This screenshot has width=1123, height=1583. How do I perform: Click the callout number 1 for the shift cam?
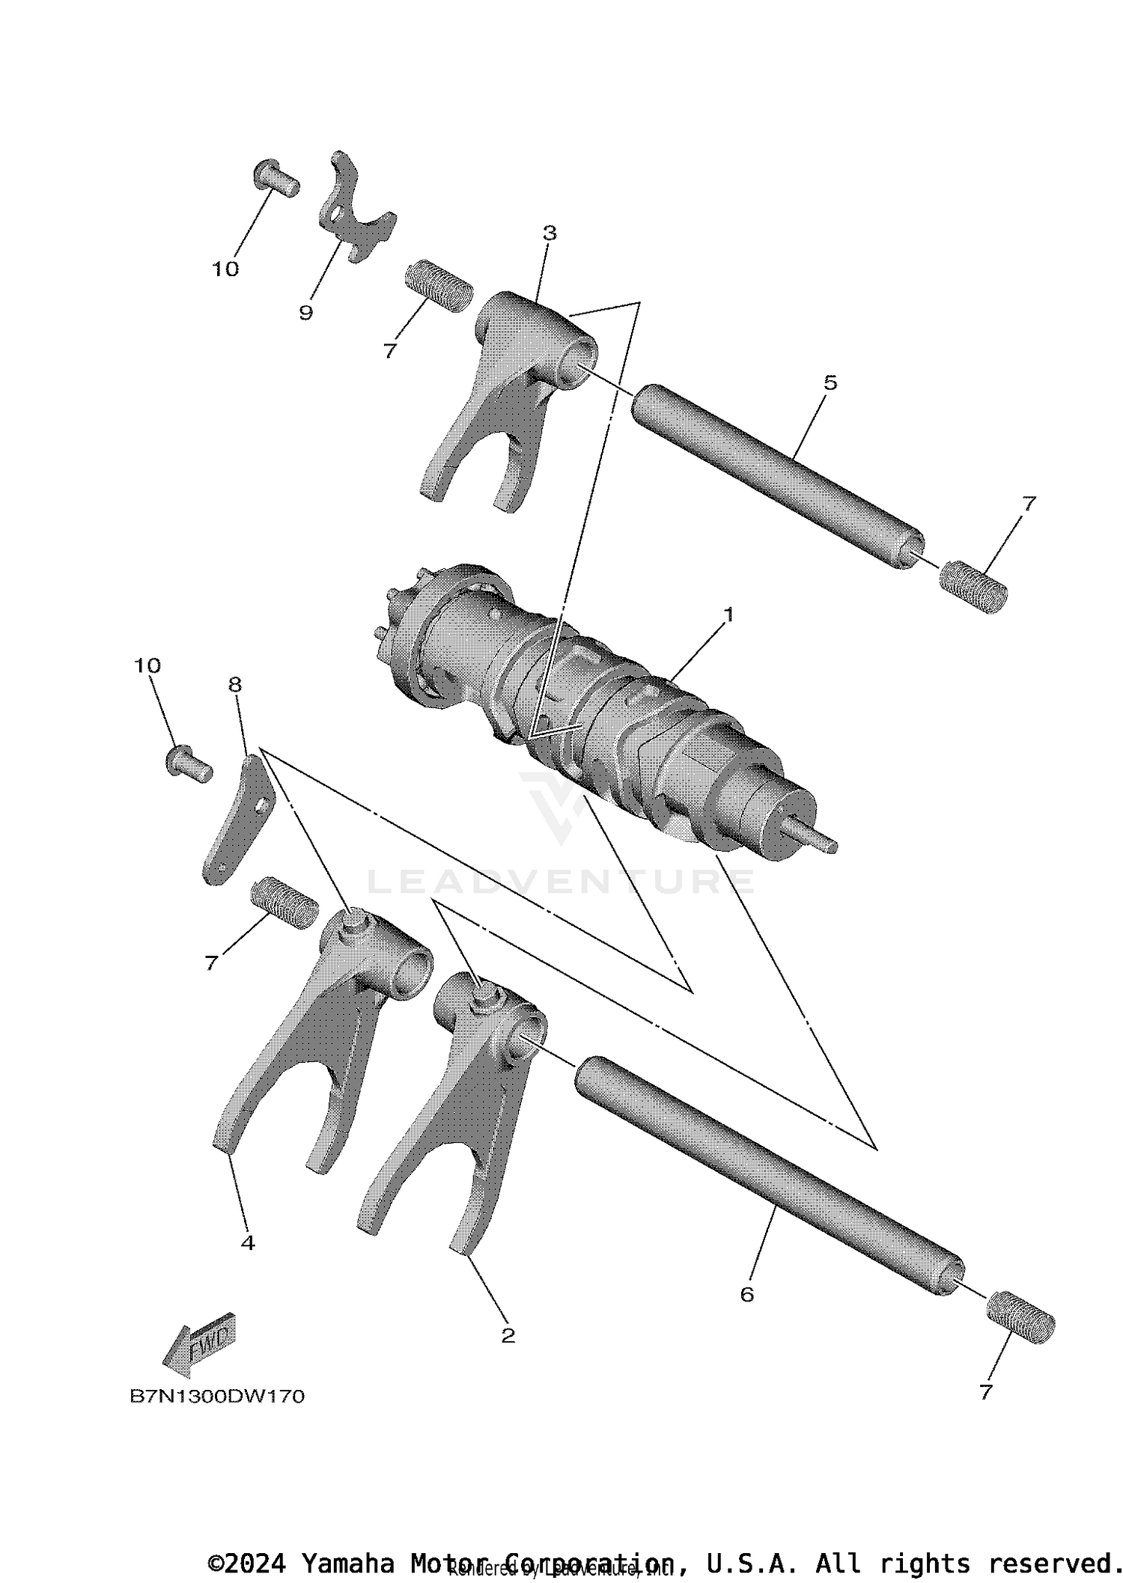(727, 615)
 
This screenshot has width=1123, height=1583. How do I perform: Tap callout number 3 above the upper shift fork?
(550, 234)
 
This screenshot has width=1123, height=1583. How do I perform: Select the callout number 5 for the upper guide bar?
(830, 383)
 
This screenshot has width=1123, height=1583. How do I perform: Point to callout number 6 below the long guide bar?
(746, 1294)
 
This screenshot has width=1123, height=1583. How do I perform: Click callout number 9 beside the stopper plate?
(305, 312)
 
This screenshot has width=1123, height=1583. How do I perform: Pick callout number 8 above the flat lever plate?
(235, 684)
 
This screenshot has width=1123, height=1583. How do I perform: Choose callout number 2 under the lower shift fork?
(508, 1335)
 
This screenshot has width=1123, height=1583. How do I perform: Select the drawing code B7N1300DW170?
(217, 1396)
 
